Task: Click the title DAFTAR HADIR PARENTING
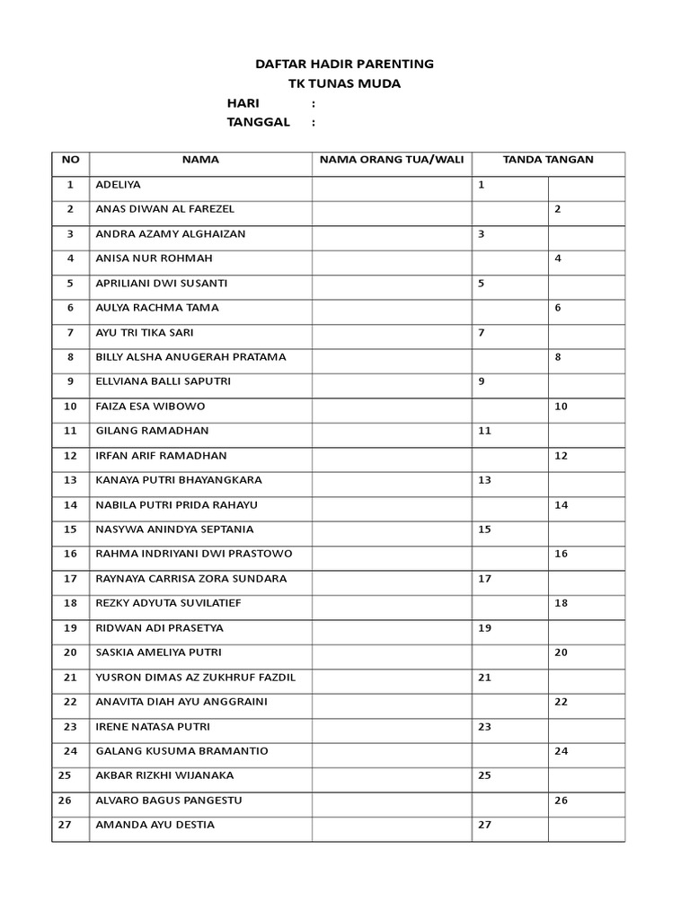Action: click(344, 64)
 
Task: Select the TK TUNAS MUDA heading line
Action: click(344, 83)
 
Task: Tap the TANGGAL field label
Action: click(259, 122)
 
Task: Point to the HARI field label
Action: click(243, 103)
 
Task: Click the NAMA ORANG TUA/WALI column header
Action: click(391, 160)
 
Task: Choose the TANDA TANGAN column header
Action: click(548, 160)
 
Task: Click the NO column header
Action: click(70, 160)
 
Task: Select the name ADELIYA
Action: click(119, 185)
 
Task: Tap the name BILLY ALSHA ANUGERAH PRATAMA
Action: click(190, 357)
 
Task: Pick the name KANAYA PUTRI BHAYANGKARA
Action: click(179, 480)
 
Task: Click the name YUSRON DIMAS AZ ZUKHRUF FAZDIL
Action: click(195, 677)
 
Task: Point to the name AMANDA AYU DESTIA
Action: click(155, 825)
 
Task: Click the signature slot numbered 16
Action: click(586, 554)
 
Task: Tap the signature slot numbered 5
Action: click(509, 283)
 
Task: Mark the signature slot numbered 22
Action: click(586, 701)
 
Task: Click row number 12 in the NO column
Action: click(70, 456)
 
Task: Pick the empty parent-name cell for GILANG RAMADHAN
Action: click(391, 431)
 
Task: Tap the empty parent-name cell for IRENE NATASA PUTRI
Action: click(391, 726)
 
